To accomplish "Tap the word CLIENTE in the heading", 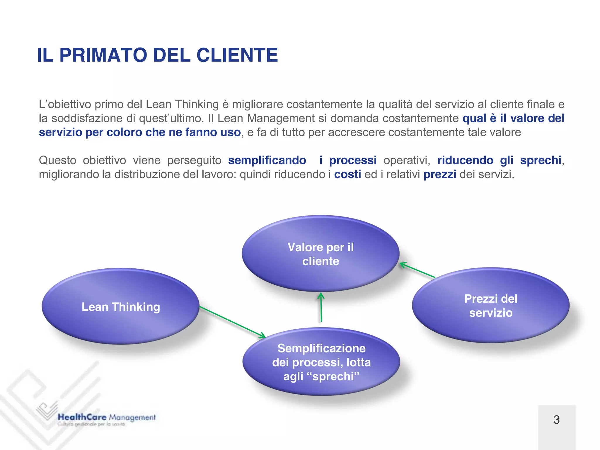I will (237, 55).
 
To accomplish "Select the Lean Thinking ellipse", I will (120, 306).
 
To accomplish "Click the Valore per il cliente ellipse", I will (321, 254).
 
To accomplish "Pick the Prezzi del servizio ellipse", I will (491, 305).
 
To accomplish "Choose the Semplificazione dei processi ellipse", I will (321, 362).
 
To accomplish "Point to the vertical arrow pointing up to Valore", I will (321, 308).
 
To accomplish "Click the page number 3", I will (557, 420).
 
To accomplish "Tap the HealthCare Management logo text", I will (107, 417).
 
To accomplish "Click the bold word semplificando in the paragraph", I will (267, 160).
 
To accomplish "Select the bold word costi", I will (347, 174).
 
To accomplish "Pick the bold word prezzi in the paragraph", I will (440, 174).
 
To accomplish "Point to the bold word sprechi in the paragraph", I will (541, 160).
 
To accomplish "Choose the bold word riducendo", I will (465, 160).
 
